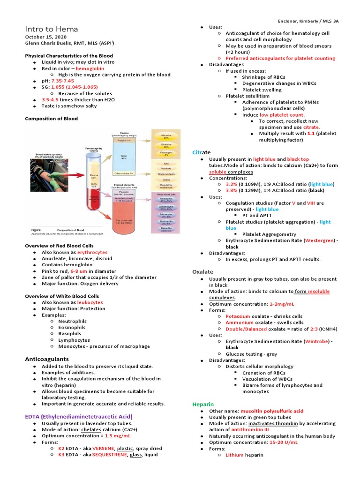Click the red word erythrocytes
click(92, 252)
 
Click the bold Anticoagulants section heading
click(47, 359)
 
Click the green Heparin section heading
click(203, 404)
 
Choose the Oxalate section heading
click(202, 272)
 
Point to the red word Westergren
click(320, 240)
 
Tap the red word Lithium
click(235, 455)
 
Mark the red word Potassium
click(238, 316)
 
